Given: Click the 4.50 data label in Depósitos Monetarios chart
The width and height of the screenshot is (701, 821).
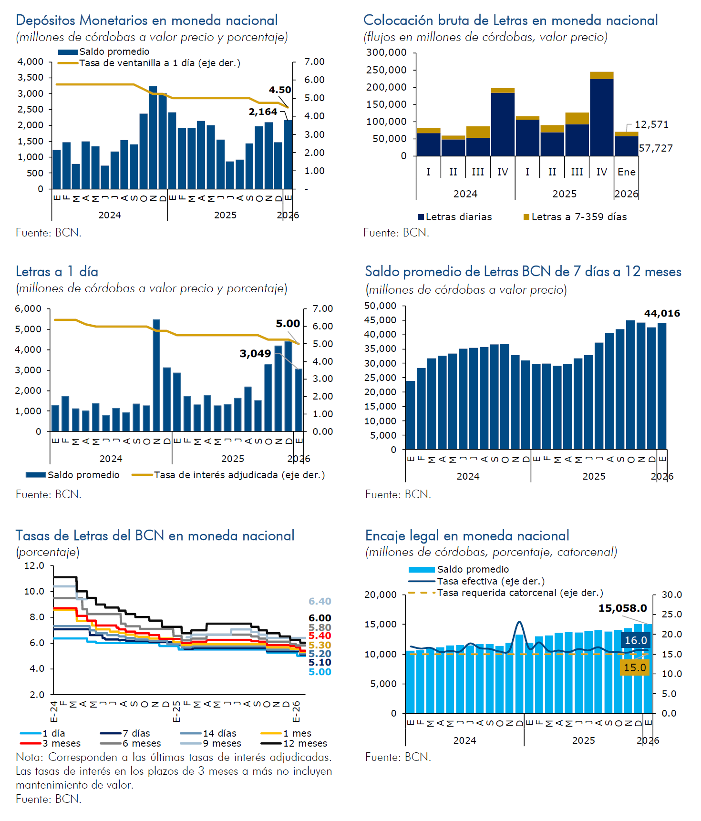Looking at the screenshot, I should point(280,90).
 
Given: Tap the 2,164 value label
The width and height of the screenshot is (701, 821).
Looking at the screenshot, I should point(263,112).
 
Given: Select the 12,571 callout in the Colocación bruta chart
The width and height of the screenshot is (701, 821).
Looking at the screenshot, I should point(651,124).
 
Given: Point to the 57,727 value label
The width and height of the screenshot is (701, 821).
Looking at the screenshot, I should point(656,148).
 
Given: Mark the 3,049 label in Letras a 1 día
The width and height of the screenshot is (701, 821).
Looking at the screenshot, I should point(255,353).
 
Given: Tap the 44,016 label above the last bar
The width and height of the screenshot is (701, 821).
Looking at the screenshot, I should point(662,313).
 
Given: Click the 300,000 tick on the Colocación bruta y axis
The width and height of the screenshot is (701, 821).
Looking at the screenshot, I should point(386,52).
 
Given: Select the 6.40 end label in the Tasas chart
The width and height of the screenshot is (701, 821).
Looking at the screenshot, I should point(320,601).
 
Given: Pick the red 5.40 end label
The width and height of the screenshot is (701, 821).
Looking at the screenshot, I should point(320,636).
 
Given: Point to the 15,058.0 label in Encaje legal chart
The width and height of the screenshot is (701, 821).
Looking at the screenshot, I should point(622,608).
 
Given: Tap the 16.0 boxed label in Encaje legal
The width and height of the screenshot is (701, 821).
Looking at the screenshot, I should point(636,640).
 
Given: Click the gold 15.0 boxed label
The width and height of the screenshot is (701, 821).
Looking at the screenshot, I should point(635,667).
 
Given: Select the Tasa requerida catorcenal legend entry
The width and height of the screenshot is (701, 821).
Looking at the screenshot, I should point(520,593).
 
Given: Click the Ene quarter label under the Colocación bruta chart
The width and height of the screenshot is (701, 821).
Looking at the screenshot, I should point(626,172).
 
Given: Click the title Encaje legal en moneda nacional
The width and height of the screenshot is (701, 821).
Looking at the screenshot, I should point(467,535).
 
